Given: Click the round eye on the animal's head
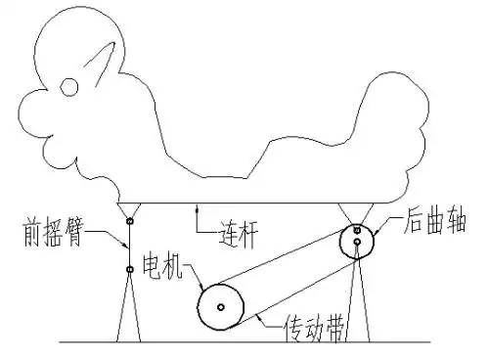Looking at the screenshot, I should (68, 88).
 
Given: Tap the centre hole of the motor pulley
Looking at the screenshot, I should (222, 307).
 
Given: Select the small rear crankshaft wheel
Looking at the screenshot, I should (358, 242).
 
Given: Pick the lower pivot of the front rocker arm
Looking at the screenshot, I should (129, 269).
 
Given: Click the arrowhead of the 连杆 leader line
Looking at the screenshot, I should (198, 207).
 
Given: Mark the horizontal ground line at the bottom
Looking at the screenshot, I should (244, 341).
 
